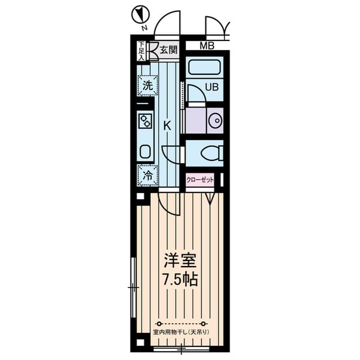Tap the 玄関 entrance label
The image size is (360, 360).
coord(169,49)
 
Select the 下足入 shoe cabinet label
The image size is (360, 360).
coord(142,51)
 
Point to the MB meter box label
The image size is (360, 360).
coord(207,46)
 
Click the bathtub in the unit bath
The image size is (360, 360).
coord(204,67)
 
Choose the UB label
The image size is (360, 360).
coord(211,87)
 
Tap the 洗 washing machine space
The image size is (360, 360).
coord(147,85)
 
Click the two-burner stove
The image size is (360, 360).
coord(146,121)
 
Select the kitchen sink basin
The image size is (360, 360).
coord(145,151)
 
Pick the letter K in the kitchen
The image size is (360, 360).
coord(168,125)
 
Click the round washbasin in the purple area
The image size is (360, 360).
coord(215,120)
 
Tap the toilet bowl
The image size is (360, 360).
coord(211,153)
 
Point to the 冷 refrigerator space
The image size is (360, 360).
coord(147,175)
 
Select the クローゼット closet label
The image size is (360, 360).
coord(200,180)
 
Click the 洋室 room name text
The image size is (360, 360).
coord(180,260)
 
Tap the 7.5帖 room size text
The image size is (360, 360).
coord(180,279)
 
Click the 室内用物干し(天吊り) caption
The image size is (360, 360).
coord(181,332)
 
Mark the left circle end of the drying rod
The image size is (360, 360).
coord(159,324)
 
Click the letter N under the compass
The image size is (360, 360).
coord(144,28)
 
